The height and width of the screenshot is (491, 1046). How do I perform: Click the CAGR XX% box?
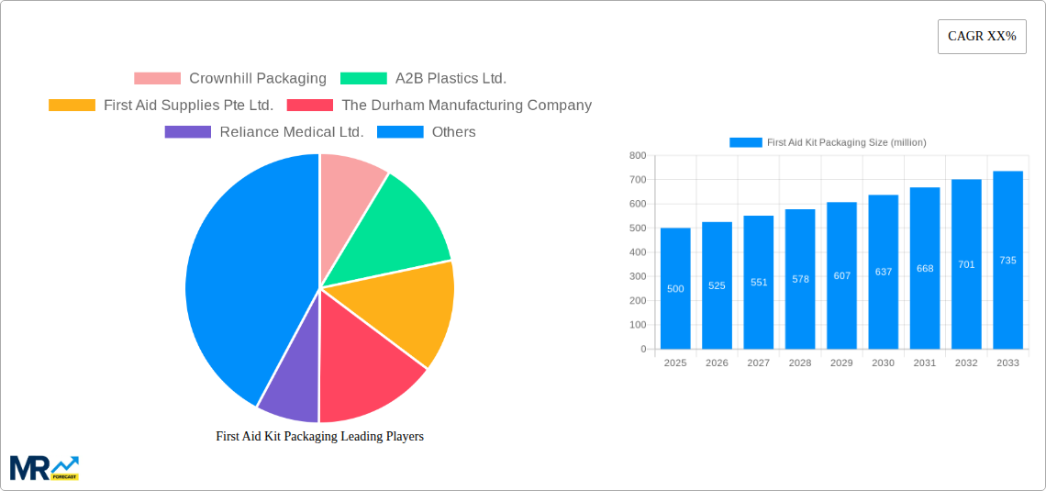982,37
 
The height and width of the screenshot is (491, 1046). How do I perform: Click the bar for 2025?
675,288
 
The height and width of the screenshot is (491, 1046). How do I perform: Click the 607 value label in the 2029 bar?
841,275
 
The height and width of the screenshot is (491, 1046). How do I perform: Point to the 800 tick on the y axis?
637,156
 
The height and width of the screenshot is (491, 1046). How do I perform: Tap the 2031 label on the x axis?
924,363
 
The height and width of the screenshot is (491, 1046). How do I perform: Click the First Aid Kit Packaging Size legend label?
846,142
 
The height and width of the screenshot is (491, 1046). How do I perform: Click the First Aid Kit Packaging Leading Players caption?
319,437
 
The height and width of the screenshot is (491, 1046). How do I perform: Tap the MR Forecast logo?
44,467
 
